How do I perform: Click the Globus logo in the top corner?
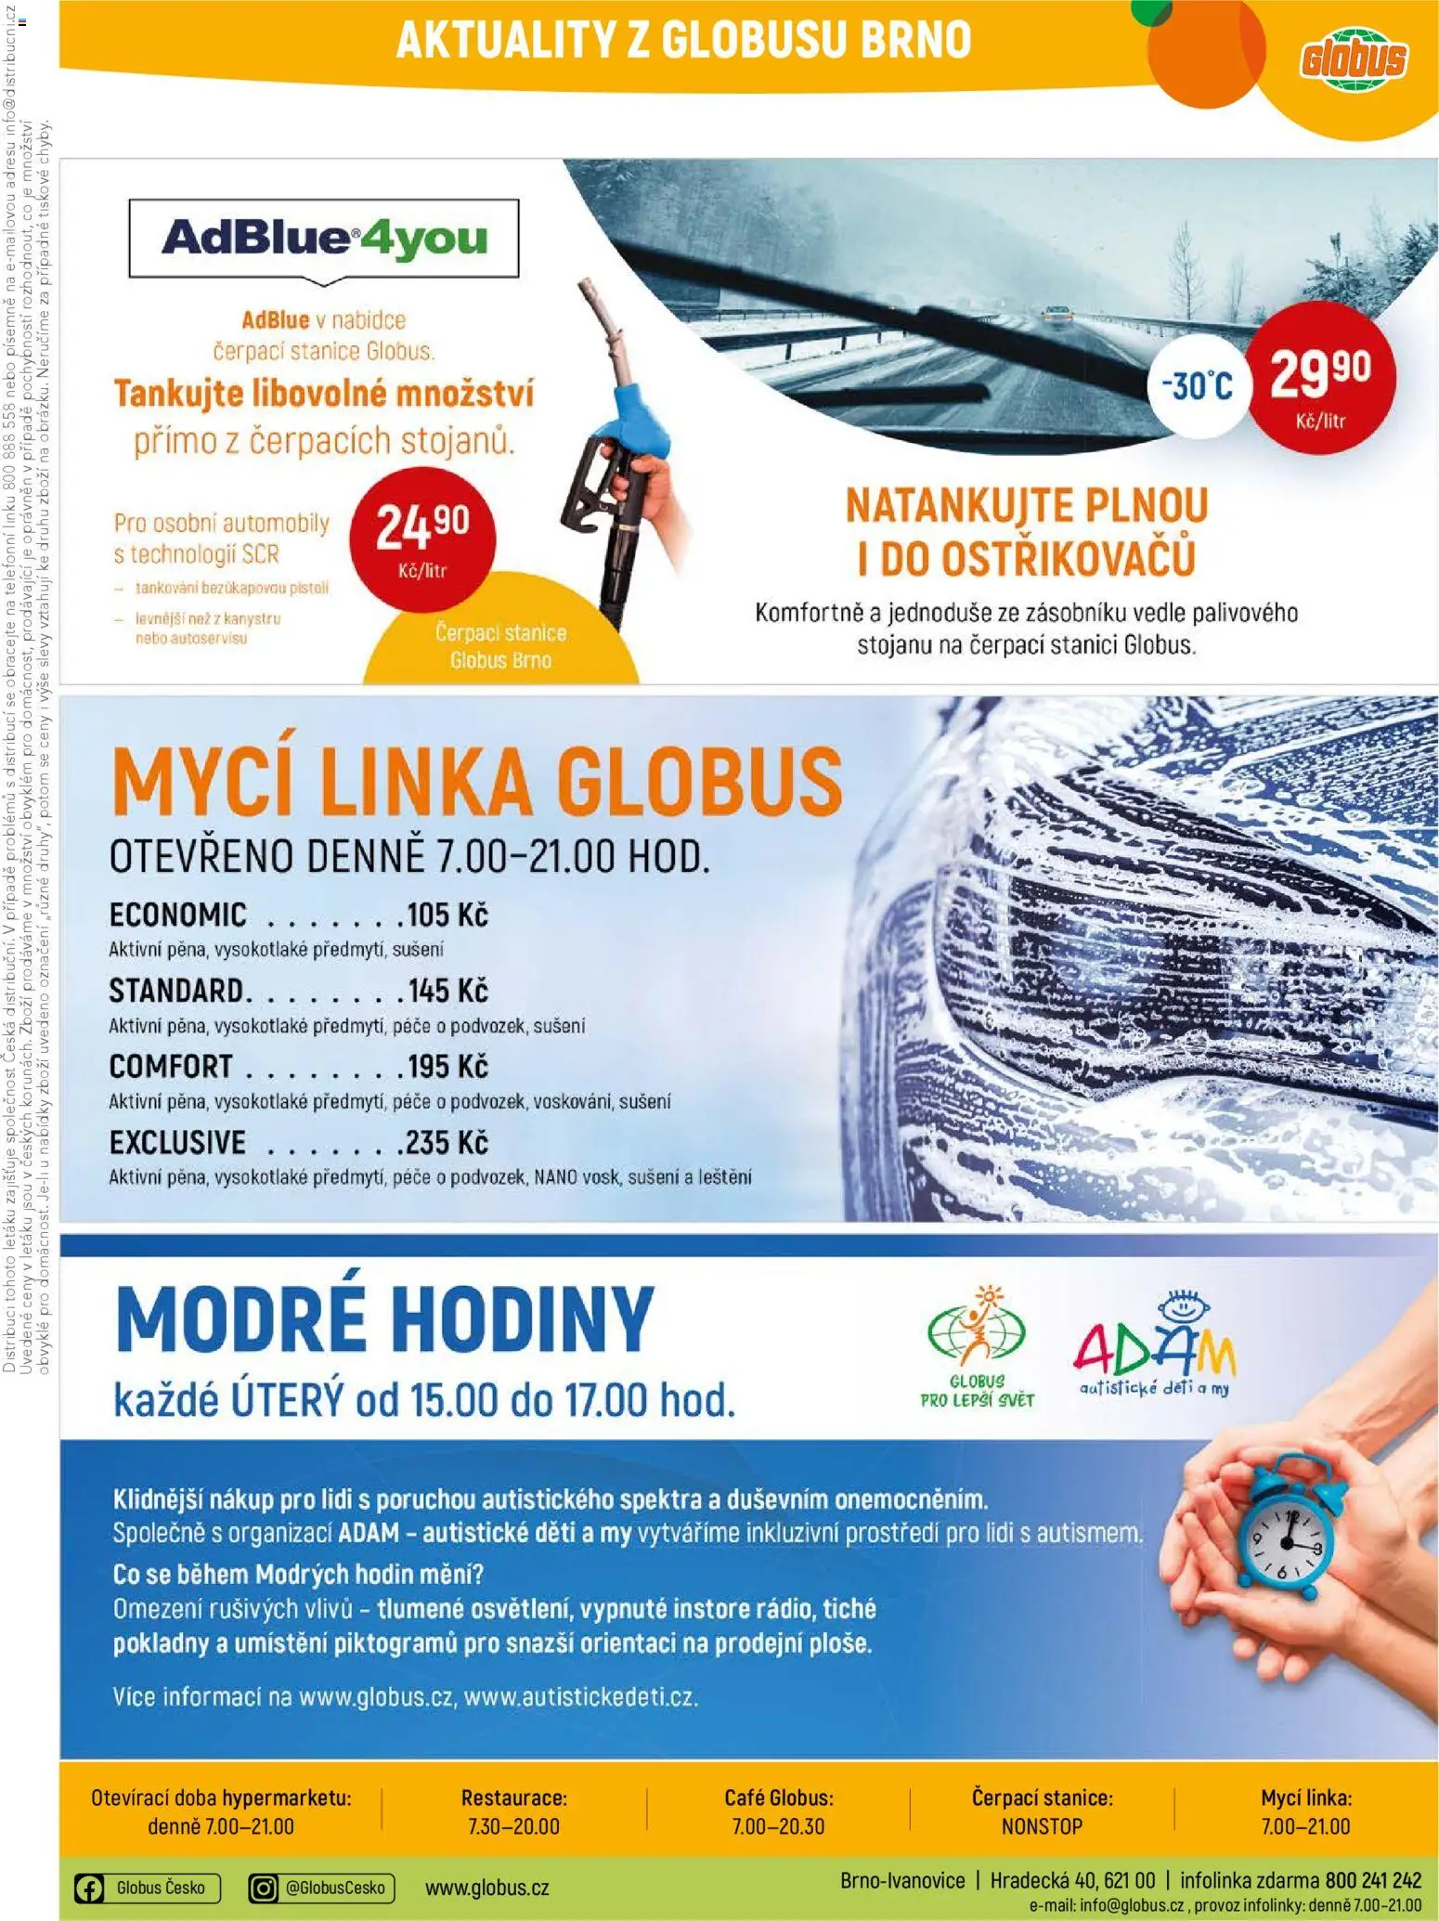click(1352, 60)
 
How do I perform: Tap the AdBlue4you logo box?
click(323, 238)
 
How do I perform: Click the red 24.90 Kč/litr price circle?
click(422, 539)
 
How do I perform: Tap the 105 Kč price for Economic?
click(447, 915)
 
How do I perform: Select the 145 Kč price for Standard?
click(447, 992)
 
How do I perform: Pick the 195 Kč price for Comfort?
click(447, 1067)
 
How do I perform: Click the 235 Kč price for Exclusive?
click(447, 1143)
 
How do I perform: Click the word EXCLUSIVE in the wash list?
click(177, 1143)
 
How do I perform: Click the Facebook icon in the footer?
click(89, 1888)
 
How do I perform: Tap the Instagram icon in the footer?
click(265, 1888)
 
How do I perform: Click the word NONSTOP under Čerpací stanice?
click(1042, 1826)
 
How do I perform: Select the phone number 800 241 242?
click(1373, 1880)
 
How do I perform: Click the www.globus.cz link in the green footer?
click(486, 1888)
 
